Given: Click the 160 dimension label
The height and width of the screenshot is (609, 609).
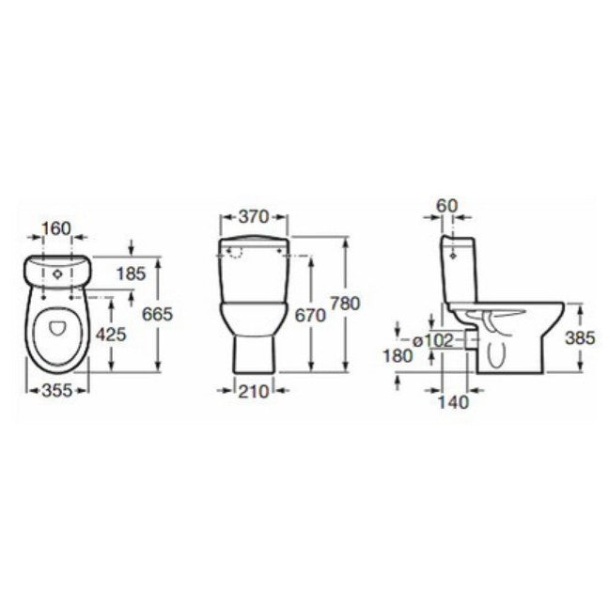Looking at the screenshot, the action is pyautogui.click(x=56, y=228).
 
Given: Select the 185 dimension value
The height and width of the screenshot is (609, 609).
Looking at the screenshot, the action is pyautogui.click(x=132, y=273).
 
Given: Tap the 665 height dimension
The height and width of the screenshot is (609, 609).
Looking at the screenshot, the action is pyautogui.click(x=157, y=314).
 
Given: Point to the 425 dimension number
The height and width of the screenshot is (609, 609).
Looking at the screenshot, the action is pyautogui.click(x=111, y=335).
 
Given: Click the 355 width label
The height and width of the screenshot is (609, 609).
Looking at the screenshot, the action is pyautogui.click(x=57, y=390).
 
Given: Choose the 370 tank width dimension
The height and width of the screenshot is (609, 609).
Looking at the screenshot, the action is pyautogui.click(x=254, y=217).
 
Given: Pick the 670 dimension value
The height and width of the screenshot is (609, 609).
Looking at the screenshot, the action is pyautogui.click(x=310, y=316).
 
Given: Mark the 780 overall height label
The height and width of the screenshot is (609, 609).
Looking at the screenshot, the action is pyautogui.click(x=345, y=304).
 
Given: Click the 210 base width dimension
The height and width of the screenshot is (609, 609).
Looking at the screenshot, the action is pyautogui.click(x=253, y=392).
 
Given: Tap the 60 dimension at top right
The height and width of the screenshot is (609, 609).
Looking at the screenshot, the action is pyautogui.click(x=447, y=206).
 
